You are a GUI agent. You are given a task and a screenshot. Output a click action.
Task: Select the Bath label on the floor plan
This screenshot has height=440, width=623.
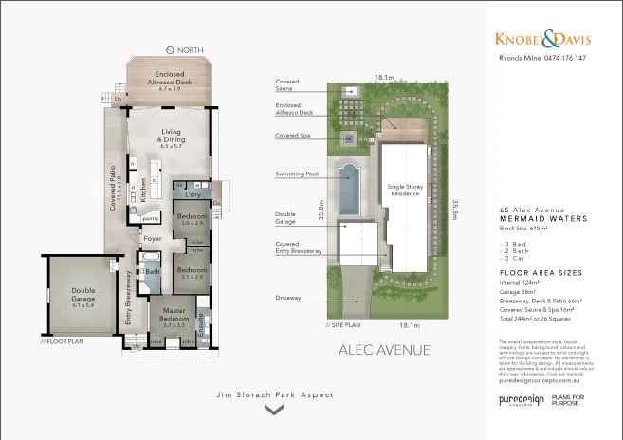[152, 274]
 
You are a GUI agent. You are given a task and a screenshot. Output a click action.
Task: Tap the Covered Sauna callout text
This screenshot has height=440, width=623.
[288, 86]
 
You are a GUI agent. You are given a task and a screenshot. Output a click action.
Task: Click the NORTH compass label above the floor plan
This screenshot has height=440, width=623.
[188, 49]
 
